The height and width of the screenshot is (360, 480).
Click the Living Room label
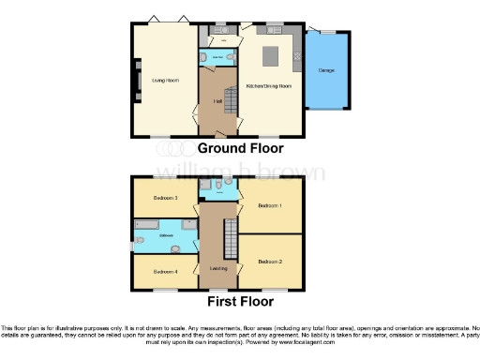[166, 81]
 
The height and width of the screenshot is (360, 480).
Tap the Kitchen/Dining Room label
[269, 86]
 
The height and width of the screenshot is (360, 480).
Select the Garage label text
[327, 70]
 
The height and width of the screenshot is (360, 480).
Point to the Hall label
[216, 100]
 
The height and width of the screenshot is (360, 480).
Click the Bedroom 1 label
[270, 205]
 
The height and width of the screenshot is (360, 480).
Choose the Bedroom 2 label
[270, 260]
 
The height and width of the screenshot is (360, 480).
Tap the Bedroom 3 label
[166, 199]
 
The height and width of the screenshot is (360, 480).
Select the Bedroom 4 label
[165, 271]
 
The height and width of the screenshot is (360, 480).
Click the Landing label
[218, 270]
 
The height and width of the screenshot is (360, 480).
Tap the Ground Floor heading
[240, 148]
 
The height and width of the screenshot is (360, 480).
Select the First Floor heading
[241, 302]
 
